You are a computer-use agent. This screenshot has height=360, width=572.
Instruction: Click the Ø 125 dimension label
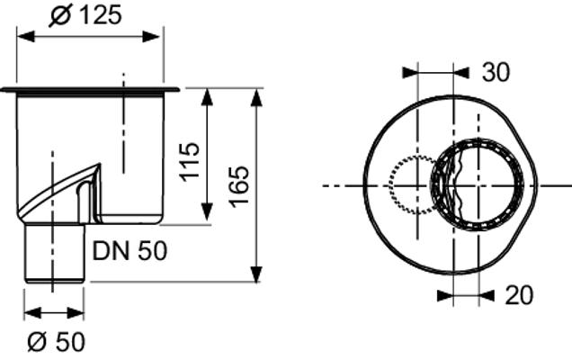click(x=85, y=15)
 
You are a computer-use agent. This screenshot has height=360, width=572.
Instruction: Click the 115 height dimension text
click(x=190, y=162)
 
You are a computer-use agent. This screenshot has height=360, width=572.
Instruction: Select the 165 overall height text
click(x=239, y=187)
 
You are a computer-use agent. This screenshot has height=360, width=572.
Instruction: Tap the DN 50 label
click(x=130, y=251)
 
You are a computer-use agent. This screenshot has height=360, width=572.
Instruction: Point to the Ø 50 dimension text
click(x=56, y=342)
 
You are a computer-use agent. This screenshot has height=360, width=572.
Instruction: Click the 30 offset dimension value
click(x=496, y=72)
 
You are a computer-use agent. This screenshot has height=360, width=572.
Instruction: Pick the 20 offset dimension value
click(x=519, y=295)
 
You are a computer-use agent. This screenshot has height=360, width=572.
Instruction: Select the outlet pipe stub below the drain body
click(x=54, y=254)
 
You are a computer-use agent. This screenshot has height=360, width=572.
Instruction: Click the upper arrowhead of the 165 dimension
click(x=257, y=97)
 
